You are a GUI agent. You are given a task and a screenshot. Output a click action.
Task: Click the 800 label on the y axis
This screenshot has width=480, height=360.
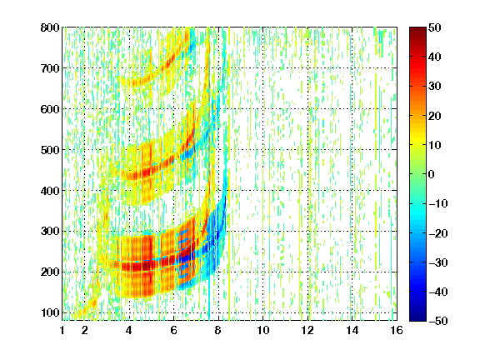pos(50,27)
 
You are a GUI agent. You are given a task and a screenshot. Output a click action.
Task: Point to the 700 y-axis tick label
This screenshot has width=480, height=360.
pos(50,68)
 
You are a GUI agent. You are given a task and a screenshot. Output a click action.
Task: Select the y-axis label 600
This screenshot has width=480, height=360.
pos(50,109)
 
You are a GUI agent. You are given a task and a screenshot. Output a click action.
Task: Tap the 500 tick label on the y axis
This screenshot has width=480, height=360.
pos(50,150)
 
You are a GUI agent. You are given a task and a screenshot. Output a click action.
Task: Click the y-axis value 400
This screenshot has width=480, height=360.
pos(50,191)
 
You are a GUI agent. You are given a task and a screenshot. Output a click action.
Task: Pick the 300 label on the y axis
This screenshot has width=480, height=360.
pos(50,231)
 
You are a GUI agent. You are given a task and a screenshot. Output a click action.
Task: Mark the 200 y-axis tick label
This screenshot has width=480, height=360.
pos(50,272)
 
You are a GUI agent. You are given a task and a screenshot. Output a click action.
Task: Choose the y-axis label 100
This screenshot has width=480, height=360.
pos(50,312)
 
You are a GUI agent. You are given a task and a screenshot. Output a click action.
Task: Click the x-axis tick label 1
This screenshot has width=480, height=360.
pos(62,330)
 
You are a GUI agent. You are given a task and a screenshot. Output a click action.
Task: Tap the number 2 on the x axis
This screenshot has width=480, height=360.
pos(85,330)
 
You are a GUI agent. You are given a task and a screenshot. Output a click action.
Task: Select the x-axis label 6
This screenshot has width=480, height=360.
pos(174,330)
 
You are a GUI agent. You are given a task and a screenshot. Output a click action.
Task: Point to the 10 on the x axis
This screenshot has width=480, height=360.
pos(263,330)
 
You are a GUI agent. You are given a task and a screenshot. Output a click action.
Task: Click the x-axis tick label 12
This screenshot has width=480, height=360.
pos(307,330)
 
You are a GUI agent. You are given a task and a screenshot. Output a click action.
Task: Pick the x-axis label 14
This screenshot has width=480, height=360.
pos(352,330)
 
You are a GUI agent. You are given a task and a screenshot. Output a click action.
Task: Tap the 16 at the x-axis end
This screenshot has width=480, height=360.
pos(397,330)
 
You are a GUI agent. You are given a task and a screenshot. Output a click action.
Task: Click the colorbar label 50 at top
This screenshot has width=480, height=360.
pos(434,27)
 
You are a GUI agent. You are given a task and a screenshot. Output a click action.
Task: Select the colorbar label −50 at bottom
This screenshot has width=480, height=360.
pos(438,321)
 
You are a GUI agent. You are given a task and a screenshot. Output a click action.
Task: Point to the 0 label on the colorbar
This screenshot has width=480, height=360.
pos(432,174)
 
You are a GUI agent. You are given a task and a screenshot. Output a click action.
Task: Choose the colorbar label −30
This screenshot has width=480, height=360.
pos(438,262)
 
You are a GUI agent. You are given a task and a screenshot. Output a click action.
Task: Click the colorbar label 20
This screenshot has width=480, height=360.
pos(434,116)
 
